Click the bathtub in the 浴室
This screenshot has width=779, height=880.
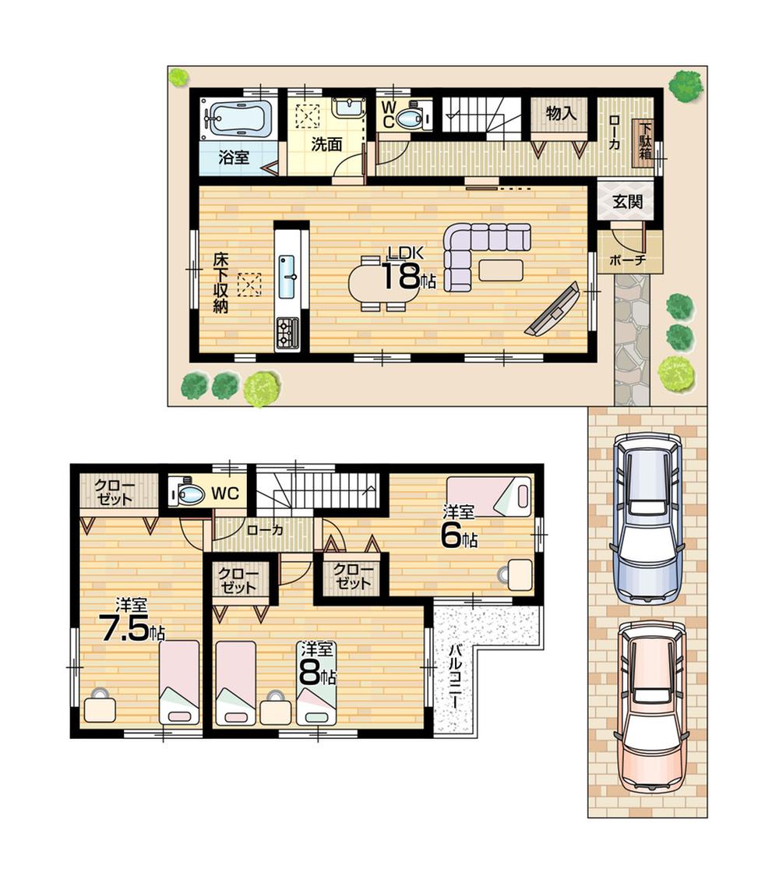click(x=238, y=118)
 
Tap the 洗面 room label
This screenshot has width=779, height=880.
click(x=326, y=144)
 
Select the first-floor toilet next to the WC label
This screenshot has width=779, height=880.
click(x=410, y=118)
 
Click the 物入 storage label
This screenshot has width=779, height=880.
click(x=561, y=114)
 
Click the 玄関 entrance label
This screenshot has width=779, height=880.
click(x=627, y=202)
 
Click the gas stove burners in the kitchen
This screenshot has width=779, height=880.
click(x=287, y=333)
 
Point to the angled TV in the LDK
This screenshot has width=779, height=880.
click(x=553, y=310)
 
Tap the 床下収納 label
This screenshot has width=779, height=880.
click(x=220, y=282)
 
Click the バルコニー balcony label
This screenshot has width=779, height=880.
click(x=454, y=677)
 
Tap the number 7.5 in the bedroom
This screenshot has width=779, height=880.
click(x=124, y=628)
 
